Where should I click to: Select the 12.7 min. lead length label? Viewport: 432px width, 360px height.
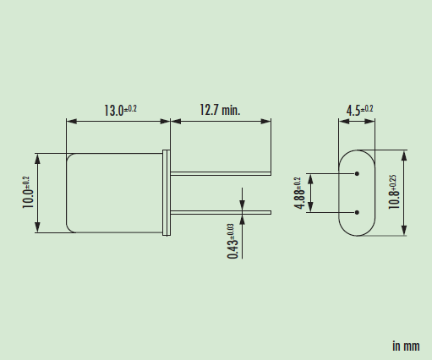(220, 110)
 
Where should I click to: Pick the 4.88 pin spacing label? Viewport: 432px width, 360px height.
(298, 194)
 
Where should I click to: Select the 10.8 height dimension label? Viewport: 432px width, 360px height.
(393, 194)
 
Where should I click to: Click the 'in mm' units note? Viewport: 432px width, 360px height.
(405, 346)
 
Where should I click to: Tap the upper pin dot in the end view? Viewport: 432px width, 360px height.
(358, 175)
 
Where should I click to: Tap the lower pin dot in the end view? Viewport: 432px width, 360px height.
(358, 211)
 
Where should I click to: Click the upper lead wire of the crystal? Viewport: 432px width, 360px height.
(221, 175)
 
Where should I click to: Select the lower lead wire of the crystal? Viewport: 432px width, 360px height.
(221, 211)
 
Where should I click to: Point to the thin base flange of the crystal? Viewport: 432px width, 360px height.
(168, 193)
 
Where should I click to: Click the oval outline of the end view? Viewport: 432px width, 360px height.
(340, 193)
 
